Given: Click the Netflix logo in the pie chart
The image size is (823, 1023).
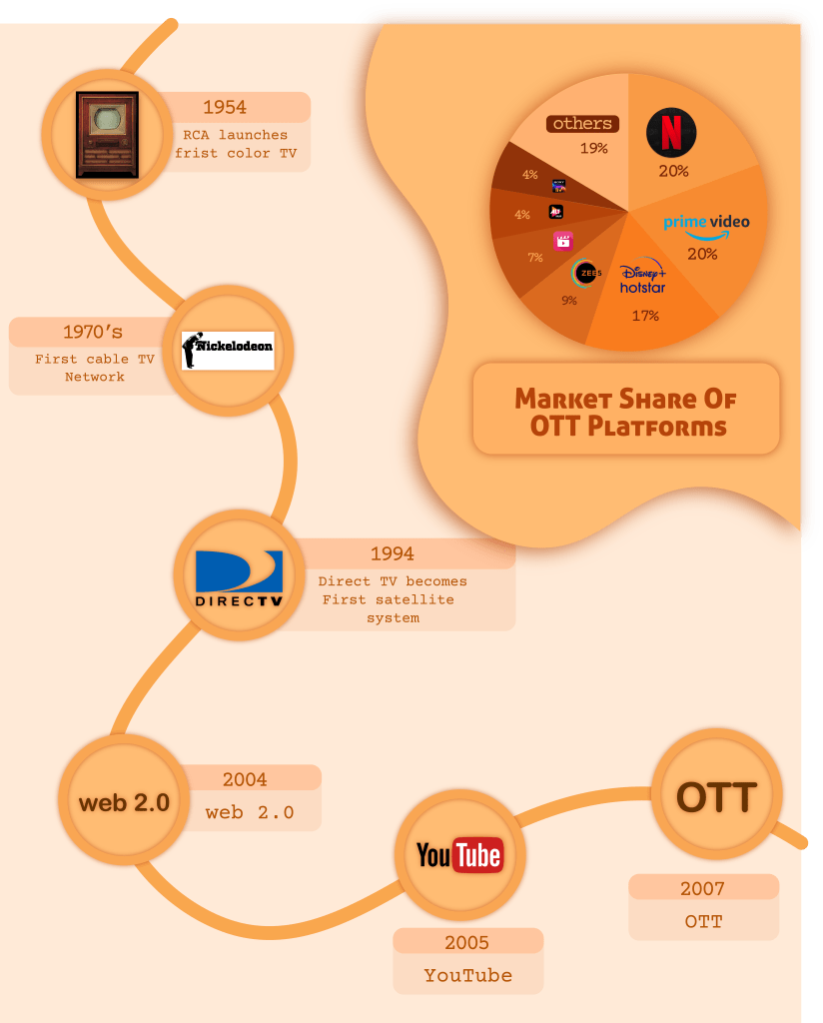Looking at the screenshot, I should coord(672,132).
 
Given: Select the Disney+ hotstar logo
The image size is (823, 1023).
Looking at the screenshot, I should coord(642,279).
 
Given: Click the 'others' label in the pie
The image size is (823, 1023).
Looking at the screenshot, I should coord(582,124).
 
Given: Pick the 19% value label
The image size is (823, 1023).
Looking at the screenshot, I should coord(593,148).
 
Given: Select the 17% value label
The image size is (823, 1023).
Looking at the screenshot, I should coord(644,316).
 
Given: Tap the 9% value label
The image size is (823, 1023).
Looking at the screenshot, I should coord(568,300).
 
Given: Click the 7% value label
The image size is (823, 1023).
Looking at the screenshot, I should coord(535,258).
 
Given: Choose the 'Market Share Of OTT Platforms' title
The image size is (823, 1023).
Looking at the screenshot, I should coord(625,413).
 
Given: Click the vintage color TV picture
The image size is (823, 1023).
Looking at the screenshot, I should coord(107,133).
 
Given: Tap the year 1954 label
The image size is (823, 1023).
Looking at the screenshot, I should coord(225,107).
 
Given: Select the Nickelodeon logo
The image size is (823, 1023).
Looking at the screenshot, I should coord(228,350).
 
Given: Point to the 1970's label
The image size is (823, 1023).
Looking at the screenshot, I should coord(93,332).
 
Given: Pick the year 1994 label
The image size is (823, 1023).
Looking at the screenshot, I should coord(392,553).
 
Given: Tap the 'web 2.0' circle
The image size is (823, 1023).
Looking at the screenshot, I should coord(124,802).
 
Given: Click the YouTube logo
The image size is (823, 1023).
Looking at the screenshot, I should coord(459,855).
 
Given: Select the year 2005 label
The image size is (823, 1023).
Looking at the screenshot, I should coord(467,942).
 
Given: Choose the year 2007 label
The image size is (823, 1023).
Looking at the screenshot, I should coord(703,888).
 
